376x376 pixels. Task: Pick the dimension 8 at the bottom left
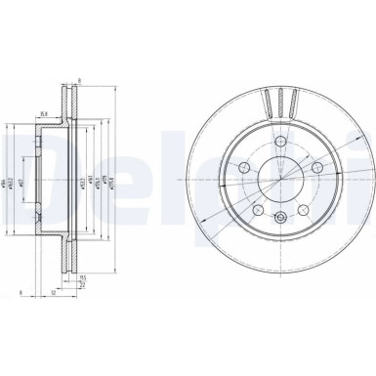[20, 293]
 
